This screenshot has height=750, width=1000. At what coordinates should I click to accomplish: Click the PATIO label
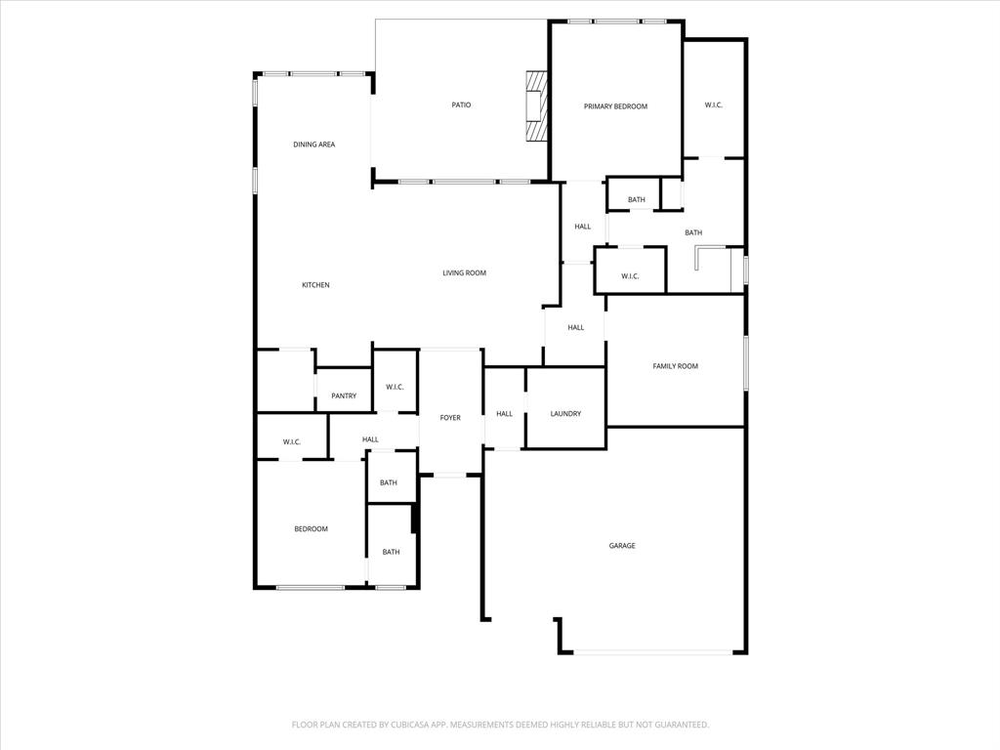click(461, 104)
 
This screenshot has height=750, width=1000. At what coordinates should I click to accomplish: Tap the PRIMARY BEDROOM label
click(615, 106)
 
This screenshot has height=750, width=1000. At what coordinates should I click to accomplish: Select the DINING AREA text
click(314, 145)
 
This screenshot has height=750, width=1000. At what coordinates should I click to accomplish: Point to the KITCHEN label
click(315, 285)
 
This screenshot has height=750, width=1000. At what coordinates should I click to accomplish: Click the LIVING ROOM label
click(464, 272)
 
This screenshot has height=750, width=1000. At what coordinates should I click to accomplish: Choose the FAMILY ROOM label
click(675, 366)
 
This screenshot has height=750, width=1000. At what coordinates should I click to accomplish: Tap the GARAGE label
click(622, 546)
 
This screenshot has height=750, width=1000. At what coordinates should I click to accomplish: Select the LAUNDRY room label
click(565, 414)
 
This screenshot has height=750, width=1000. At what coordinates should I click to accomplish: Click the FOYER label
click(450, 418)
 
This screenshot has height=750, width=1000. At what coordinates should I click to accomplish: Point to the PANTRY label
click(344, 396)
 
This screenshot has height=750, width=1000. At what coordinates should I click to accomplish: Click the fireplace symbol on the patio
click(535, 107)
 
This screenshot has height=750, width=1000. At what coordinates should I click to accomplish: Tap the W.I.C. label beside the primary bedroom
click(713, 105)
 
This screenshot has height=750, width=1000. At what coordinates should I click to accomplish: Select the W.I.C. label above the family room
click(630, 276)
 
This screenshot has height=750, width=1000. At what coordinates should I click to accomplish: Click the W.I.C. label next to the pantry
click(395, 388)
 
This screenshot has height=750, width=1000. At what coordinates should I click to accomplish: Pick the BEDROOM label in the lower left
click(312, 529)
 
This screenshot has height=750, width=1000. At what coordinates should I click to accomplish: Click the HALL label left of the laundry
click(504, 414)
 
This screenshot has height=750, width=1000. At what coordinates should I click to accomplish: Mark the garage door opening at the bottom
click(652, 652)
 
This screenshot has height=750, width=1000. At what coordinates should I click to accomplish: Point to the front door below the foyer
click(449, 475)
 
